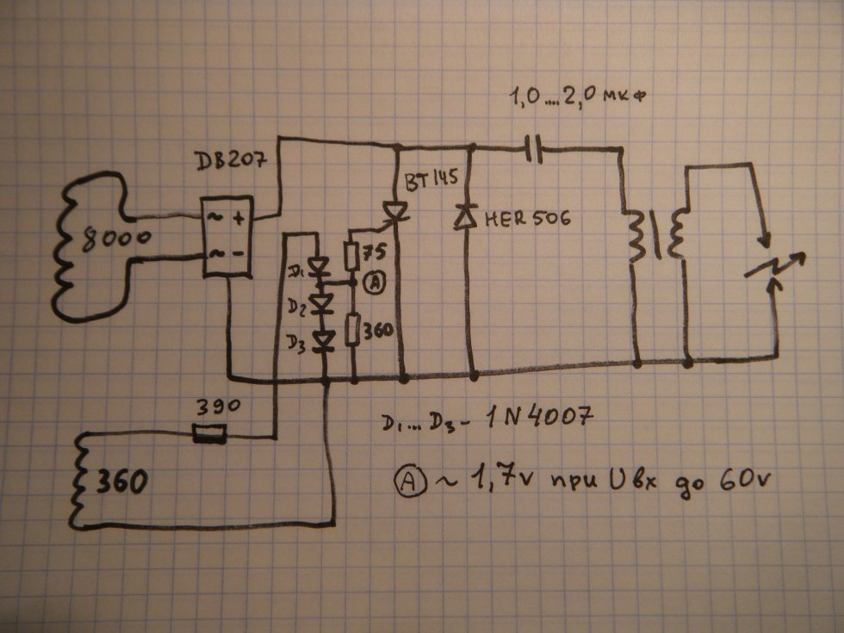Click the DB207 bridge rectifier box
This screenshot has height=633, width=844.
coord(226,236)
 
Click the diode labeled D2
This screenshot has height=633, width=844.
coord(325,304)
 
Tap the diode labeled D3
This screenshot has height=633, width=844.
coord(325,342)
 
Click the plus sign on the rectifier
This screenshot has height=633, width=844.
coord(238,220)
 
